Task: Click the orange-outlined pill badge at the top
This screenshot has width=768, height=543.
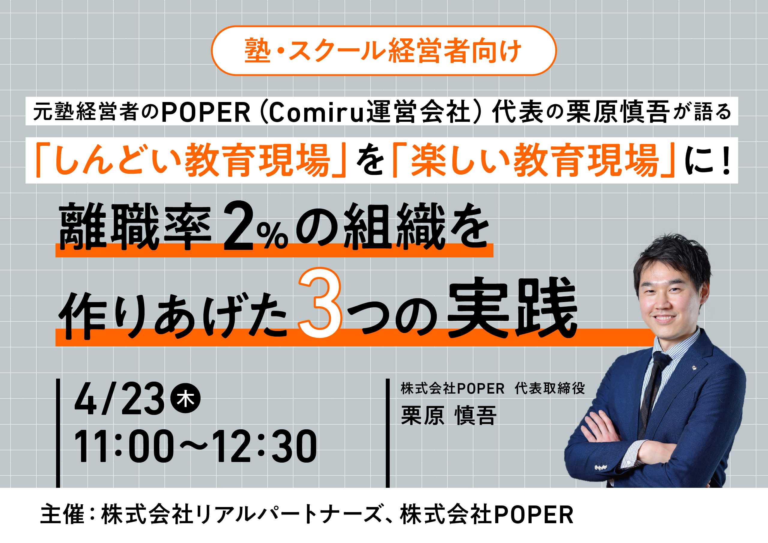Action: (x=384, y=50)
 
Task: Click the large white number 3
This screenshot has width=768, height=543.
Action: (x=320, y=303)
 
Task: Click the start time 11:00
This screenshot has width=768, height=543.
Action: (x=124, y=446)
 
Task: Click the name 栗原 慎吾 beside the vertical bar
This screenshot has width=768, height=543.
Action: (x=448, y=415)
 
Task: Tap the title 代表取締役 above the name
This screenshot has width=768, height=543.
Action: (x=550, y=388)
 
